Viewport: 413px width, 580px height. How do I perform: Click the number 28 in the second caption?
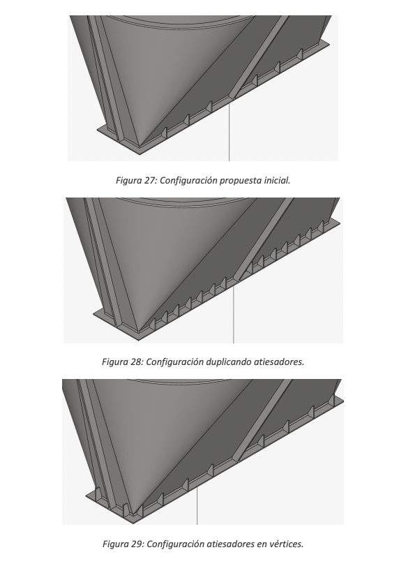click(x=137, y=362)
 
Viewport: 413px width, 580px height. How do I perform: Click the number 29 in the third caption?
click(x=137, y=544)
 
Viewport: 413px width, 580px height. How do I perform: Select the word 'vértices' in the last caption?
click(x=287, y=544)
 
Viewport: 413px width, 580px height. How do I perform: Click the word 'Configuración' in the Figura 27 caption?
click(x=188, y=181)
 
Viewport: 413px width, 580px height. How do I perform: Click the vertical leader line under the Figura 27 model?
click(x=230, y=132)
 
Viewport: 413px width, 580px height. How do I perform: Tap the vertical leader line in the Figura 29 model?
click(x=197, y=505)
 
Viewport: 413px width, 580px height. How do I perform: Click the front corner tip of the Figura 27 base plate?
click(x=140, y=154)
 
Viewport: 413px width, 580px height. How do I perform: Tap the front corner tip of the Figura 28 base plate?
click(x=139, y=341)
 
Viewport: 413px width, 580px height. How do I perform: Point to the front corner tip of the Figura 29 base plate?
click(x=133, y=523)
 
